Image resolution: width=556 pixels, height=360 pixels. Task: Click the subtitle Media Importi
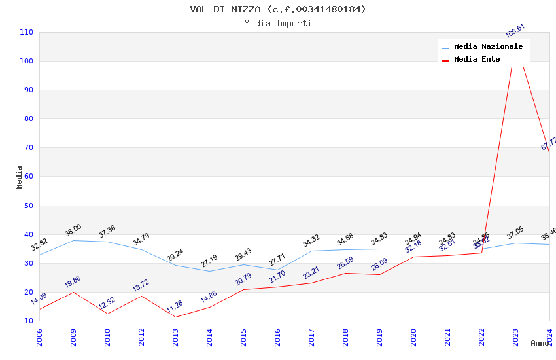pos(278,23)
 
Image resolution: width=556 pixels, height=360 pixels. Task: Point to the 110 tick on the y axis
pos(27,32)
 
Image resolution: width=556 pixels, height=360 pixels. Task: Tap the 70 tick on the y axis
pos(29,148)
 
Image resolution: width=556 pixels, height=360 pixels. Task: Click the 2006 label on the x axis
pos(39,337)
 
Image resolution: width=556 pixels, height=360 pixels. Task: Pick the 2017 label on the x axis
pos(311,337)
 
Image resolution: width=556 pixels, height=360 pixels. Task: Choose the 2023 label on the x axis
pos(515,337)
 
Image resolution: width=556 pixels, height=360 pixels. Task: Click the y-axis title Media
pos(20,177)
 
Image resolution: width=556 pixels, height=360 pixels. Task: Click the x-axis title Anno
pos(540,343)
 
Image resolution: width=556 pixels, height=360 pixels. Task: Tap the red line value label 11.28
pos(175,306)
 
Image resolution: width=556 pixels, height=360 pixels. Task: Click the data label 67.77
pos(549,143)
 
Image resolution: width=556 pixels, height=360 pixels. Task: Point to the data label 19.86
pos(73,282)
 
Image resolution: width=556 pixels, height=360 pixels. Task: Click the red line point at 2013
pos(175,317)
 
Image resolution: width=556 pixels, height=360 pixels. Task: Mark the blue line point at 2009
pos(73,240)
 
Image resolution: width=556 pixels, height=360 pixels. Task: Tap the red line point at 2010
pos(107,314)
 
